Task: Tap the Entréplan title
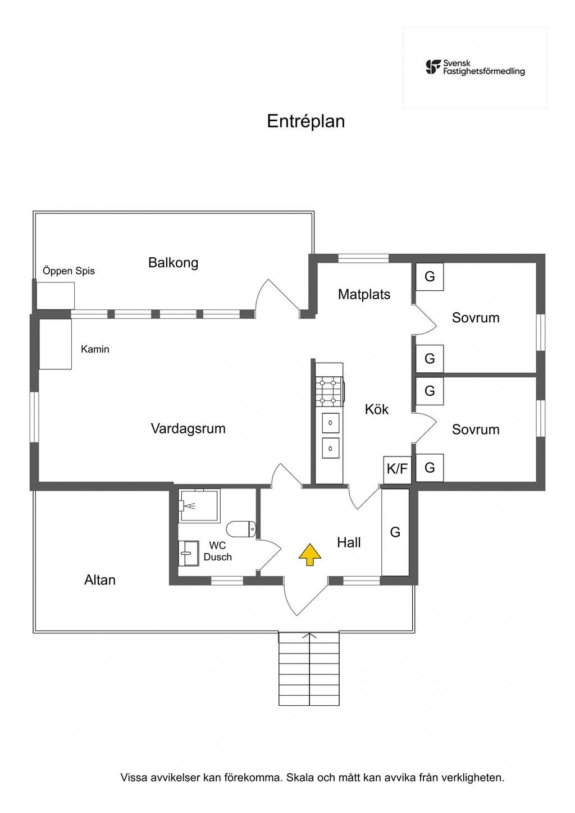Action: click(305, 121)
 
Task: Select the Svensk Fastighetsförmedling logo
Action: click(475, 67)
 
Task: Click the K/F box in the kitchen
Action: click(398, 468)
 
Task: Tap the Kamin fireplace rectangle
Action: click(55, 344)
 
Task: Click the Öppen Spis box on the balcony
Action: click(56, 295)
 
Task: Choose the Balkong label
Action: click(173, 263)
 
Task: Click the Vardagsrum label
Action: click(188, 428)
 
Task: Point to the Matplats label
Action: click(364, 294)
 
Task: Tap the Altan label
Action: click(100, 580)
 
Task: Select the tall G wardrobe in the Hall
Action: click(395, 532)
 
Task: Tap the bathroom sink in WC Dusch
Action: click(188, 554)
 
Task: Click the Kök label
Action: click(376, 409)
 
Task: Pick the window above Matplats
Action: click(363, 258)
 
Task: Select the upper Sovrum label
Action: click(476, 318)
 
